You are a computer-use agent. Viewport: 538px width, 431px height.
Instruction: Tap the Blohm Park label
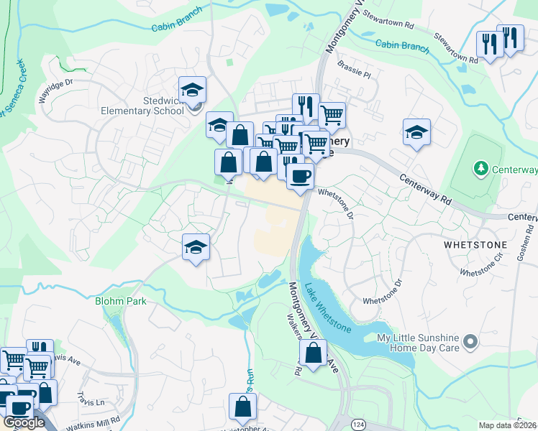120,301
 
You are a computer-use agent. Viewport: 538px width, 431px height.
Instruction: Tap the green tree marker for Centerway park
480,168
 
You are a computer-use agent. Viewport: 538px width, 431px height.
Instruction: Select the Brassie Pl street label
354,74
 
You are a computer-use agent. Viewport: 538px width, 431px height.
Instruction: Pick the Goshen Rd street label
526,249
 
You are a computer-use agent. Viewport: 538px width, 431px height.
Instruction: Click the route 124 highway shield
357,425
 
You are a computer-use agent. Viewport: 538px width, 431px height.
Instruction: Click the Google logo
24,423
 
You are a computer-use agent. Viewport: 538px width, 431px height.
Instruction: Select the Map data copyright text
508,425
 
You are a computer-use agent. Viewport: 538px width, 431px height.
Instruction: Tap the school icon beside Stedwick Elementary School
193,91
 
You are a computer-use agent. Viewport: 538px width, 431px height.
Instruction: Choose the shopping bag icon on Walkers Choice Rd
313,353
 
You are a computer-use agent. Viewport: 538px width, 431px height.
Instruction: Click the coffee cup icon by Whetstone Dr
300,175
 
